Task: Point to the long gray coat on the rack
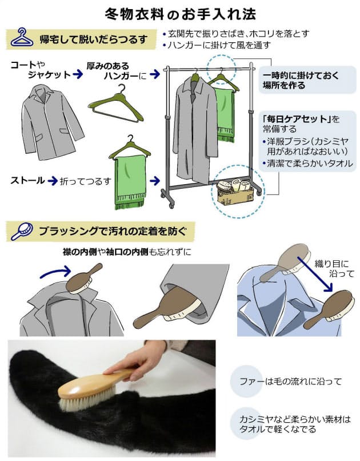(194, 129)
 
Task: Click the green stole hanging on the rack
(225, 112)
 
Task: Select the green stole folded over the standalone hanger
(130, 174)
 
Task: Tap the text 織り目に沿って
(334, 269)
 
